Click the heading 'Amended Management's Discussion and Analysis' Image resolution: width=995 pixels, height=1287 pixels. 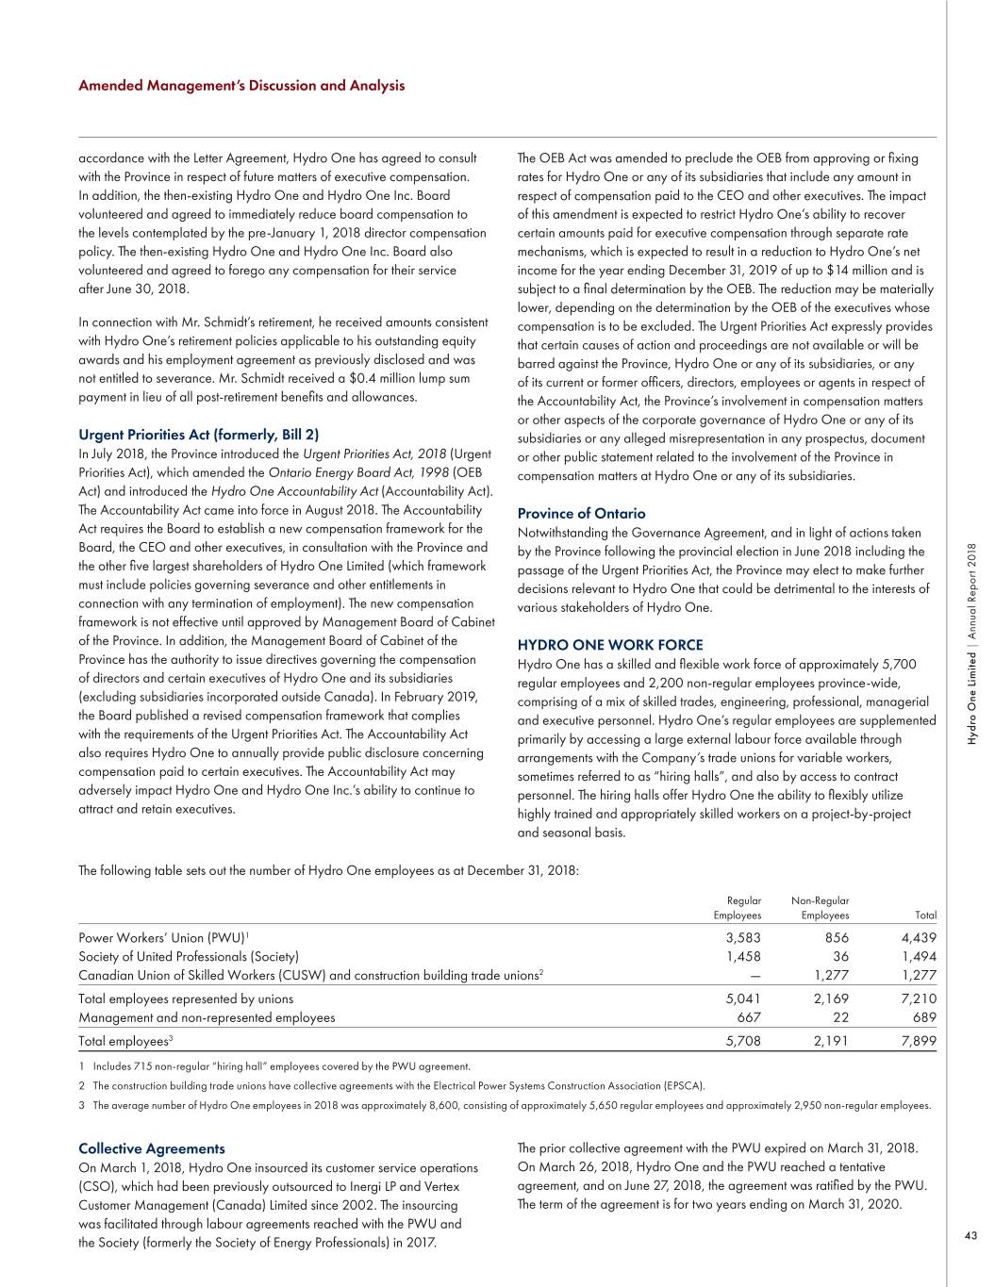241,86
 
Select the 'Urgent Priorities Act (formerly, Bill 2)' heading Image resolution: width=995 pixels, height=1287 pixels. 198,435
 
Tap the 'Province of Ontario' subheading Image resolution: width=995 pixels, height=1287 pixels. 581,514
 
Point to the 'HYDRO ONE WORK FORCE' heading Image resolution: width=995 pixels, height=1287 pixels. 610,645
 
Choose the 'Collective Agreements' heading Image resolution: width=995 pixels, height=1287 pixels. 152,1148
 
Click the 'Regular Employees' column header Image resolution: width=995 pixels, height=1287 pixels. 738,908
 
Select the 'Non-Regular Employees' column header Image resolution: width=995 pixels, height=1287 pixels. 820,908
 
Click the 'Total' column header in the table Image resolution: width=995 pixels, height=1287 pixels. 925,915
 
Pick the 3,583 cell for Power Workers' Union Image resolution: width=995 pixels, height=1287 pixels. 742,938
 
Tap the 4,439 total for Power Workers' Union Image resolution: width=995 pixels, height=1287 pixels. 919,938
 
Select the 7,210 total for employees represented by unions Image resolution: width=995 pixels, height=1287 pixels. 919,998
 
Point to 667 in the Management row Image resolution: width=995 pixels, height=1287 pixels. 747,1017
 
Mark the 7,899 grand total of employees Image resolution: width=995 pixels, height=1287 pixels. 919,1042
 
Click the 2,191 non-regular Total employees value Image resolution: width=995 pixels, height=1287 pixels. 831,1042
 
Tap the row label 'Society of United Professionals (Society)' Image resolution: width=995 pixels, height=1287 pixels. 189,956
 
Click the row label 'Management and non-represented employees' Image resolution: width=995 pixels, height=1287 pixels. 207,1017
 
